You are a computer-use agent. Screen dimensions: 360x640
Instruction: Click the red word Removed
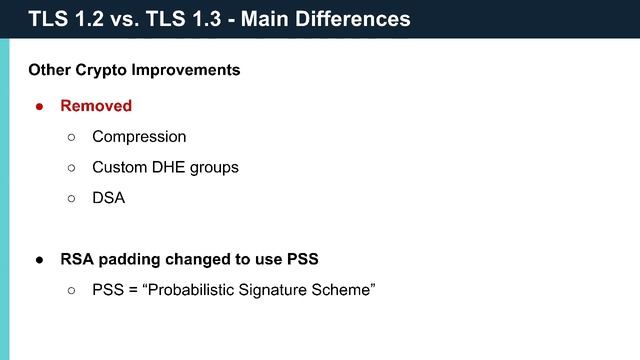(x=96, y=105)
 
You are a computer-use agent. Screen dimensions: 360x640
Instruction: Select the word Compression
(x=139, y=136)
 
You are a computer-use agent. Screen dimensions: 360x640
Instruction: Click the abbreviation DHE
(x=169, y=167)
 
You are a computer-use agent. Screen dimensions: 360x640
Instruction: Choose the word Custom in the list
(x=118, y=167)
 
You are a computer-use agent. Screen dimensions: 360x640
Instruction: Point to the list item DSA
(x=108, y=198)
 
